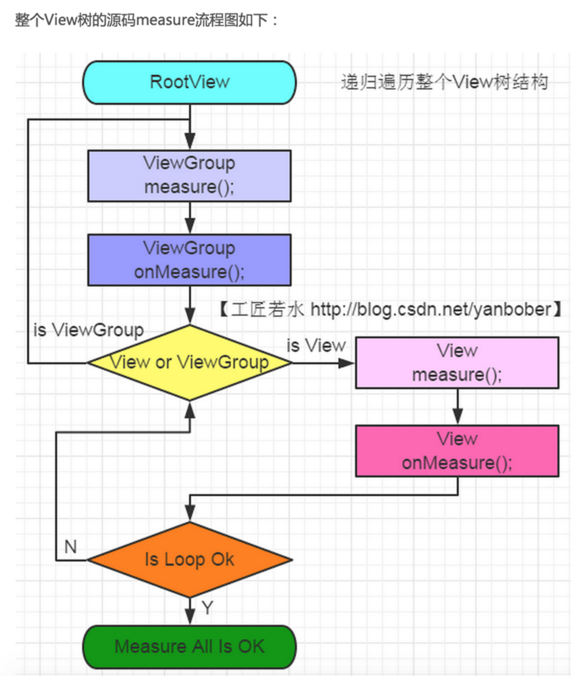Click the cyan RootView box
pyautogui.click(x=189, y=82)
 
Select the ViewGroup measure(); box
pyautogui.click(x=189, y=175)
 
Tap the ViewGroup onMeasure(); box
pyautogui.click(x=189, y=260)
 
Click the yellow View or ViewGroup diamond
pyautogui.click(x=189, y=362)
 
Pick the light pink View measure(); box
pyautogui.click(x=457, y=362)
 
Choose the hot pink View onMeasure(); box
pyautogui.click(x=457, y=451)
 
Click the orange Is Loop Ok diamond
pyautogui.click(x=189, y=560)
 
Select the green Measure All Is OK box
pyautogui.click(x=189, y=646)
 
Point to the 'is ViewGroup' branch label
pyautogui.click(x=88, y=330)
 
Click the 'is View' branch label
pyautogui.click(x=316, y=345)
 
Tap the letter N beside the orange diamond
pyautogui.click(x=70, y=547)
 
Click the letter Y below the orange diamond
pyautogui.click(x=207, y=608)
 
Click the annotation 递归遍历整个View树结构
pyautogui.click(x=444, y=82)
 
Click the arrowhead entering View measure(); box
pyautogui.click(x=347, y=363)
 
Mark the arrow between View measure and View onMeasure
pyautogui.click(x=457, y=407)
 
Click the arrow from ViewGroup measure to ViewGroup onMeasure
pyautogui.click(x=190, y=218)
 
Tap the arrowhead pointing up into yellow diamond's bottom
pyautogui.click(x=190, y=410)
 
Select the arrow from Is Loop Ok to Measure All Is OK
pyautogui.click(x=190, y=611)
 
